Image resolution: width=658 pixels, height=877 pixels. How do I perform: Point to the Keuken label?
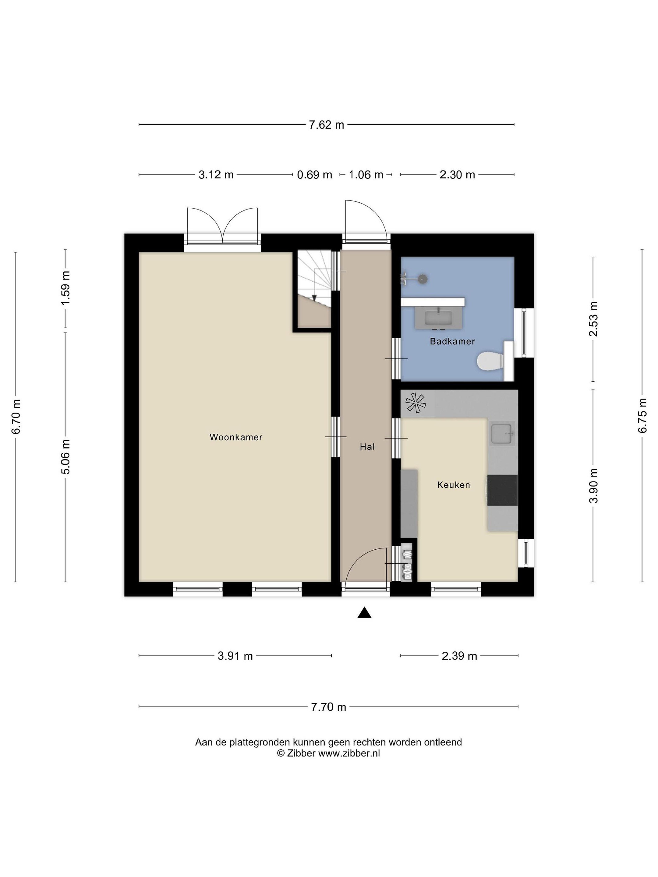tap(453, 484)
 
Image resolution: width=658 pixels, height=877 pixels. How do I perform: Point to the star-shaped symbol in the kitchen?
tap(415, 403)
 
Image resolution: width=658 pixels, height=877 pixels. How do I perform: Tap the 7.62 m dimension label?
tap(327, 125)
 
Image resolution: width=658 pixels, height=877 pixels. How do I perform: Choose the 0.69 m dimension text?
tap(314, 174)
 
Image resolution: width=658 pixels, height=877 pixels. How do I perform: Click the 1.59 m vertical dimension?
tap(66, 287)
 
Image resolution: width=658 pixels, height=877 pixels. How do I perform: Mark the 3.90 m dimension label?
tap(593, 486)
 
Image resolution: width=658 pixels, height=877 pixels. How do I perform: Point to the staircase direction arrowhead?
tap(314, 298)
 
